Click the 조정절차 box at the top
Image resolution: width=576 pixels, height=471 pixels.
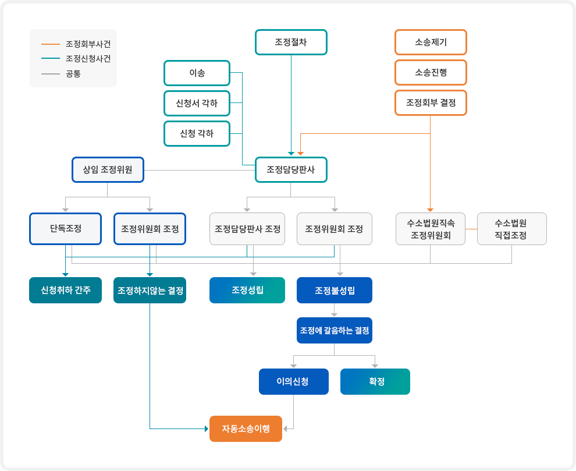[x=291, y=43]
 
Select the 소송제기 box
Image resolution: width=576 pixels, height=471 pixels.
[x=431, y=43]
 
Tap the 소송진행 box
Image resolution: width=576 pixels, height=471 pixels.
[x=431, y=73]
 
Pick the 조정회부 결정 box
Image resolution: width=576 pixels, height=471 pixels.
[x=431, y=103]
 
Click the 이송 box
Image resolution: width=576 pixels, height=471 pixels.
[x=197, y=73]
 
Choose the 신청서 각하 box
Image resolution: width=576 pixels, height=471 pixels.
[x=197, y=103]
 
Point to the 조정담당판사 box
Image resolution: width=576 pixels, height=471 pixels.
[x=291, y=170]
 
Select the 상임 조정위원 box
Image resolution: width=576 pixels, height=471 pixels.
[x=108, y=170]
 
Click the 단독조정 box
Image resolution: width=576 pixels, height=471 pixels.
[x=65, y=228]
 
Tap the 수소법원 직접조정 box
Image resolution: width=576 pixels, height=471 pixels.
[x=511, y=228]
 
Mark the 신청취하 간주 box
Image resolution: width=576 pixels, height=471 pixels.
[x=65, y=290]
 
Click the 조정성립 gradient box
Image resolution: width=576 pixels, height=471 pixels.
[x=247, y=290]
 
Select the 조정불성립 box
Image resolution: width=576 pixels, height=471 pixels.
[x=335, y=290]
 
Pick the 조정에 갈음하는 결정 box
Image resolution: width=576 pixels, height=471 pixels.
[x=335, y=330]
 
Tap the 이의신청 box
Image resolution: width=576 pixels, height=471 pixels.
[x=293, y=382]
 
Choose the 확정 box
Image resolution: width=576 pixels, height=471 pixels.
[x=375, y=382]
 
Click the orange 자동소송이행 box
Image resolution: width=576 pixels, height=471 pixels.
[x=246, y=428]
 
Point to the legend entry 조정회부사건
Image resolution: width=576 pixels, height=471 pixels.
[x=88, y=44]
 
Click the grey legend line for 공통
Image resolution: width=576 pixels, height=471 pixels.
[x=51, y=74]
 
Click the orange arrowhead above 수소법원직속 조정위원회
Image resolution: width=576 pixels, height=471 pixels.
[x=431, y=210]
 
